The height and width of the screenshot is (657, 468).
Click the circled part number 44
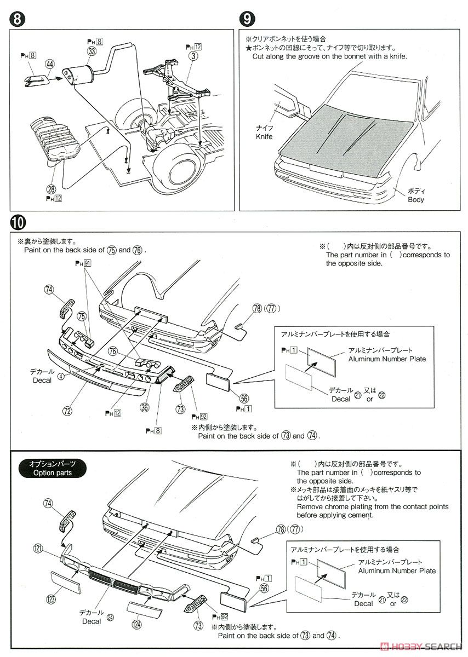tap(50, 65)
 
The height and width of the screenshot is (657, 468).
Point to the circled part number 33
tap(91, 51)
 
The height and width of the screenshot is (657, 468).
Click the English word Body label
tap(415, 200)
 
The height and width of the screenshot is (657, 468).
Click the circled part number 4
tap(61, 377)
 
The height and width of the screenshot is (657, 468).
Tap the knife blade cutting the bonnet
tap(287, 104)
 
